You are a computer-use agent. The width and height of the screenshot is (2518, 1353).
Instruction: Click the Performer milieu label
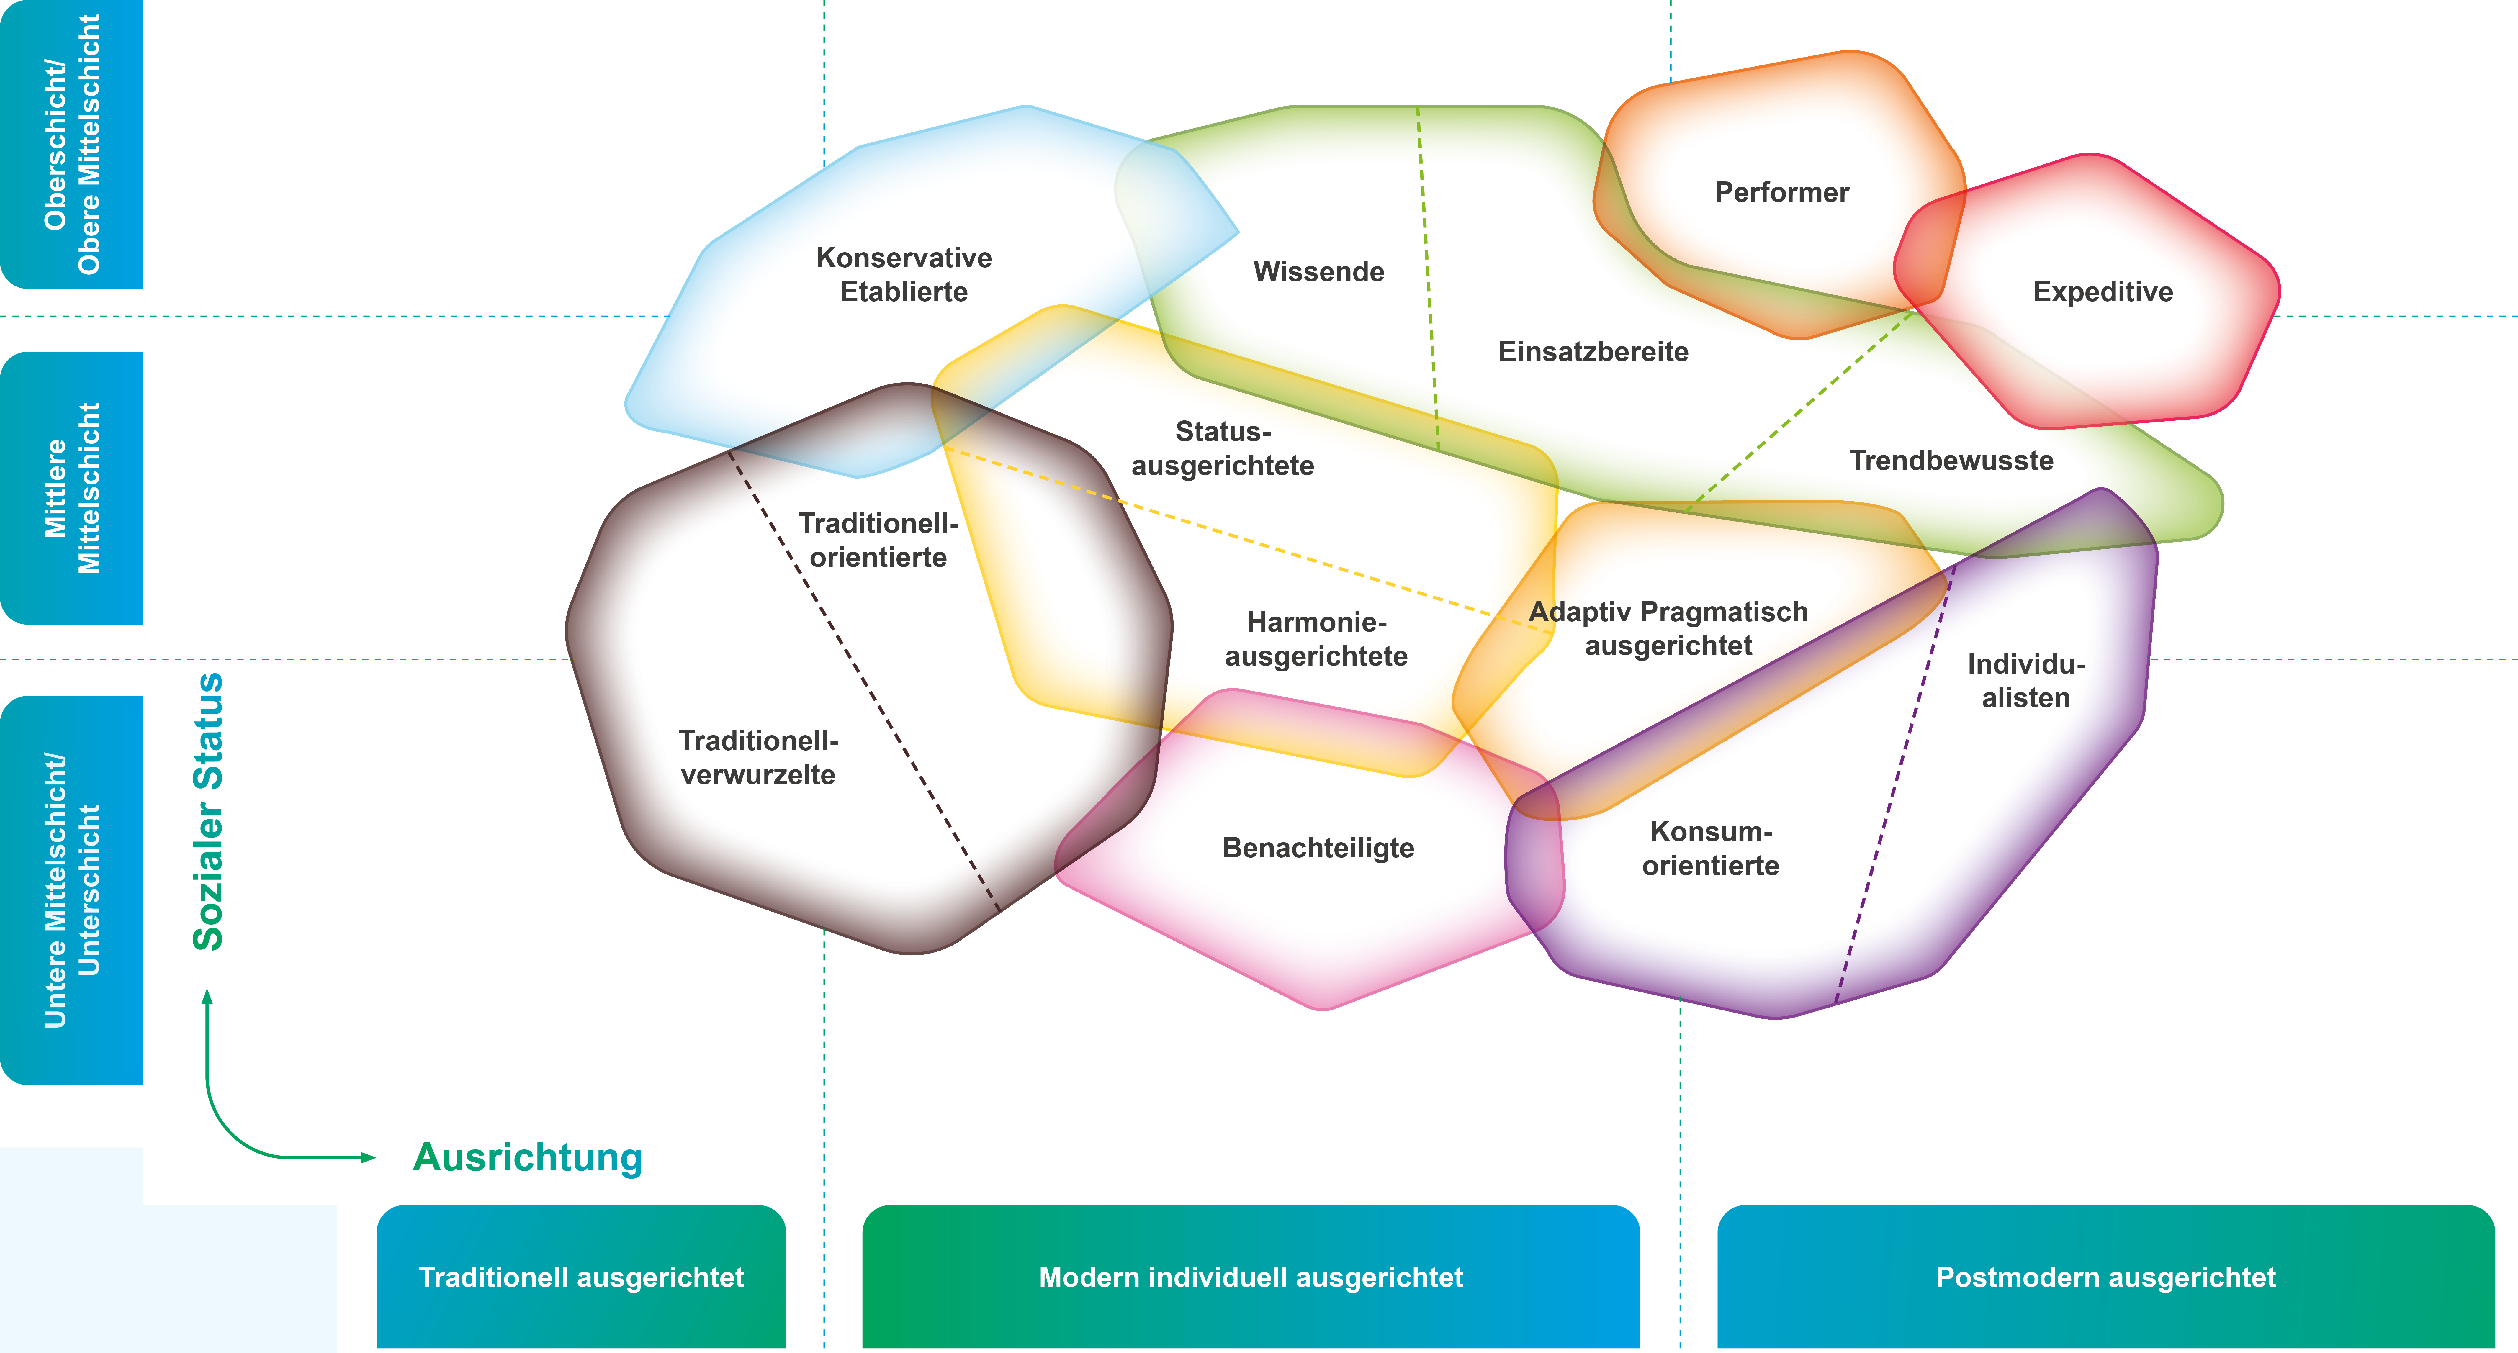pyautogui.click(x=1782, y=193)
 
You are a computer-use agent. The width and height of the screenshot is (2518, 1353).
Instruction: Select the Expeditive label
pyautogui.click(x=2103, y=292)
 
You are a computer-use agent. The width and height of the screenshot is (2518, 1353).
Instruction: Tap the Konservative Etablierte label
pyautogui.click(x=904, y=275)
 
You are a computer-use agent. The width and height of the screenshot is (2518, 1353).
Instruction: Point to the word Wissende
pyautogui.click(x=1319, y=272)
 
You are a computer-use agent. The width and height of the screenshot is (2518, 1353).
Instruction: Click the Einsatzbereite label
pyautogui.click(x=1593, y=352)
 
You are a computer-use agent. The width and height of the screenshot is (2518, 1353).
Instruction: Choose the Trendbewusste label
pyautogui.click(x=1951, y=461)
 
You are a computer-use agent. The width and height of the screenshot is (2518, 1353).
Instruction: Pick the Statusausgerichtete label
pyautogui.click(x=1223, y=449)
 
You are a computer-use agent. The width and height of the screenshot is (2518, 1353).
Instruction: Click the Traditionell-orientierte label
pyautogui.click(x=878, y=540)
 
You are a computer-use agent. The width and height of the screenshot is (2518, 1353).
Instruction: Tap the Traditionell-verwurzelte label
pyautogui.click(x=758, y=758)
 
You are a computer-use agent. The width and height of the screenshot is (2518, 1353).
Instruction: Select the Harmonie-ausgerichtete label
pyautogui.click(x=1317, y=639)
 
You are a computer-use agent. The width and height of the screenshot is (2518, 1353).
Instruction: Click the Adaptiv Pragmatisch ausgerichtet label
pyautogui.click(x=1668, y=629)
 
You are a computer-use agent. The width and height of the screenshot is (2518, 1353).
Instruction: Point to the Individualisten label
pyautogui.click(x=2026, y=682)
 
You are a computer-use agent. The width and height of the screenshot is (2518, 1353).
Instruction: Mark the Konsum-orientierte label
pyautogui.click(x=1711, y=849)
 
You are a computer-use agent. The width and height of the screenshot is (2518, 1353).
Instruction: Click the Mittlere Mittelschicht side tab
pyautogui.click(x=71, y=488)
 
